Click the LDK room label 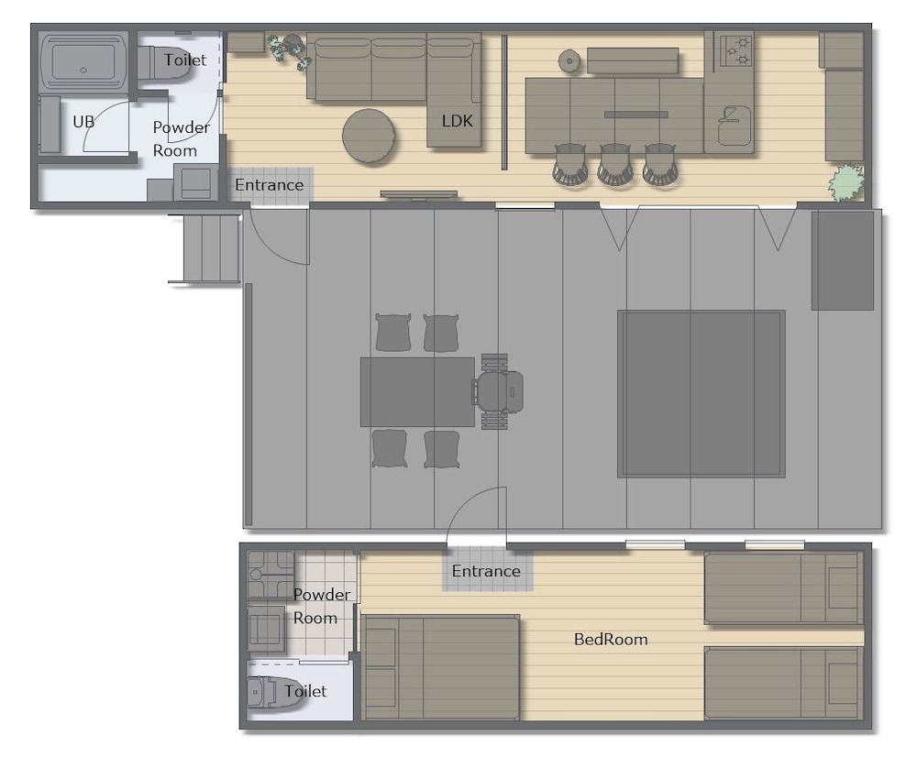pos(457,121)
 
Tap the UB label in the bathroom pos(83,122)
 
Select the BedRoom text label pos(611,639)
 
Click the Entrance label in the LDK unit pos(269,185)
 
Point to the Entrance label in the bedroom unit pos(486,571)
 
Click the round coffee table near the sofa pos(369,136)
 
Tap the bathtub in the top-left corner pos(83,61)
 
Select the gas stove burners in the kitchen pos(735,50)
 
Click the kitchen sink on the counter pos(735,125)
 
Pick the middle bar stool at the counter pos(614,164)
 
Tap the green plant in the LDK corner pos(845,183)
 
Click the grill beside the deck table pos(498,391)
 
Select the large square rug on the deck pos(702,394)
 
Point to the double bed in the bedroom pos(440,667)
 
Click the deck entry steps pos(204,248)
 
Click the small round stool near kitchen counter pos(569,60)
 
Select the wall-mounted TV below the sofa pos(419,194)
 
